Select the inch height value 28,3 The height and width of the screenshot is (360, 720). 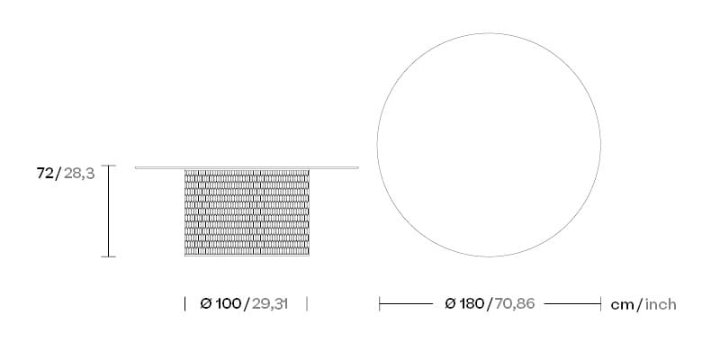pos(79,174)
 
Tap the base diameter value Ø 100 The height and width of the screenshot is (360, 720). pos(220,304)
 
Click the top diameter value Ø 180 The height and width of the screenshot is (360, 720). pos(464,304)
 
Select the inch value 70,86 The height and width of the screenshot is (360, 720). pos(514,304)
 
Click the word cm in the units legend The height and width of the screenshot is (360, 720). pos(622,304)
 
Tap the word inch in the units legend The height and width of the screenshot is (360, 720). pos(660,304)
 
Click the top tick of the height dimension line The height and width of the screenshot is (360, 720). pos(109,166)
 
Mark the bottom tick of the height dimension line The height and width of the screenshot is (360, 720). pos(109,257)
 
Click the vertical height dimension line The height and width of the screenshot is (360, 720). pos(109,211)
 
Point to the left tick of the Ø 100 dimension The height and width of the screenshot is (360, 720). pos(184,304)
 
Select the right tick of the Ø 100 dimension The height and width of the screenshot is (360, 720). pos(307,304)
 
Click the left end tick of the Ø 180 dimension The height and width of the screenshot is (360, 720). pos(380,304)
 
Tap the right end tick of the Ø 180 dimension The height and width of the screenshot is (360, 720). pos(600,304)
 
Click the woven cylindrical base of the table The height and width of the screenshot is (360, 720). pos(246,213)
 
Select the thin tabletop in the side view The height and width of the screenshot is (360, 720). pos(246,167)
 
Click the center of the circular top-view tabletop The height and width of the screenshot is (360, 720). pos(490,146)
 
